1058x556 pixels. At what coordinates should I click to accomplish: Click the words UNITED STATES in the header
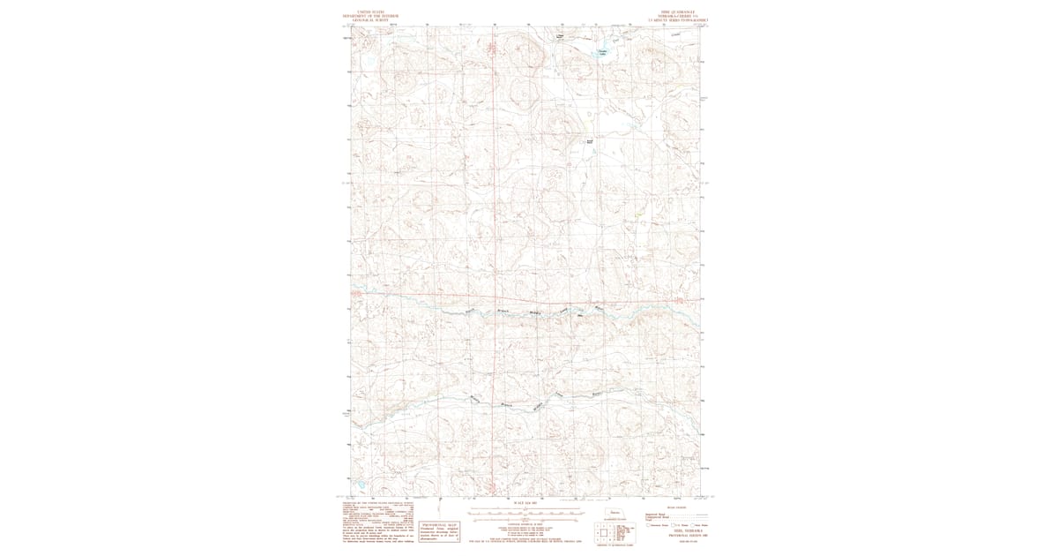(x=371, y=12)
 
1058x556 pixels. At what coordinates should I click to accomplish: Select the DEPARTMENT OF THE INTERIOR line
(x=371, y=16)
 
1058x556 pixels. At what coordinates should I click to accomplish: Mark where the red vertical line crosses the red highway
(x=495, y=296)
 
